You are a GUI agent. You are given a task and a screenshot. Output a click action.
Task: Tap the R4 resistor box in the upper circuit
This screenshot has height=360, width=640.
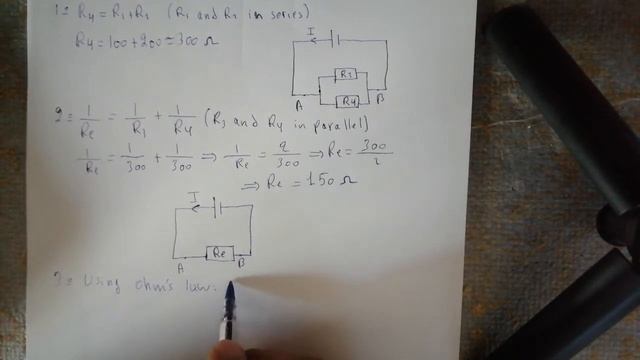(x=348, y=100)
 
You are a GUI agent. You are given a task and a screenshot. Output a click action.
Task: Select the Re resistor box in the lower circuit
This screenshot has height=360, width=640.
(x=220, y=252)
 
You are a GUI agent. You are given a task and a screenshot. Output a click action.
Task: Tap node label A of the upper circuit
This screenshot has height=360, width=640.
(x=298, y=104)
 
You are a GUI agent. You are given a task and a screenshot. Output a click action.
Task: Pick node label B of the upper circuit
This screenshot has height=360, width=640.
(x=382, y=101)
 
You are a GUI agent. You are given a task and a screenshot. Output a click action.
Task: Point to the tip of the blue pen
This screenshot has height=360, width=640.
(x=230, y=287)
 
